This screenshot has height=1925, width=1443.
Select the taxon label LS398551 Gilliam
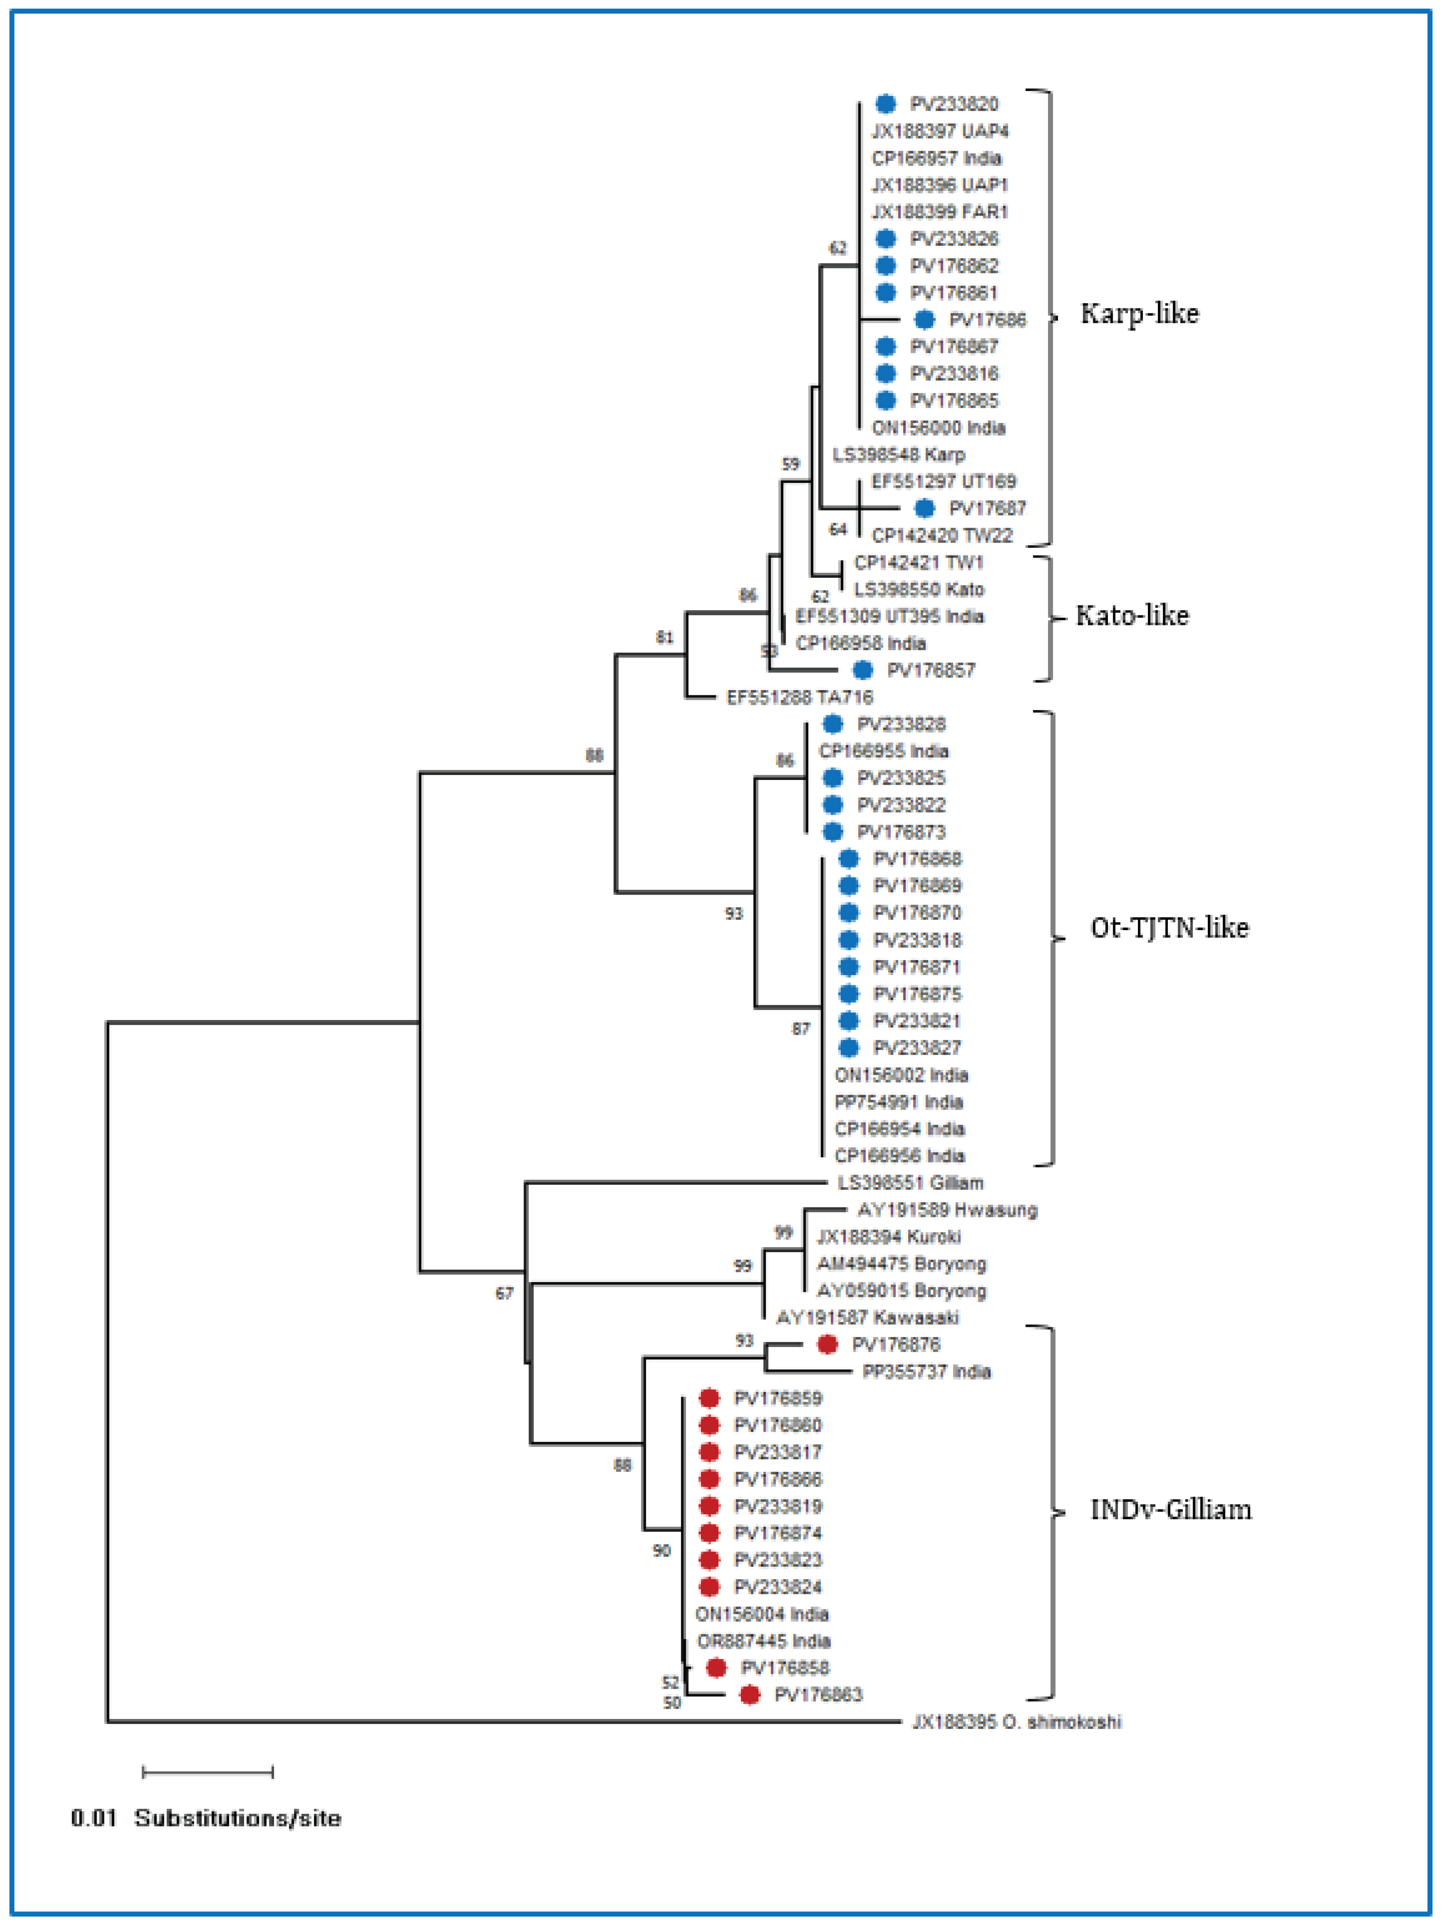point(909,1183)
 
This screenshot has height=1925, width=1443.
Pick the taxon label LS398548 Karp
point(898,454)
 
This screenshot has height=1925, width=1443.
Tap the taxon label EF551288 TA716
point(799,697)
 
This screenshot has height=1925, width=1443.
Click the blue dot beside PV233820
point(885,104)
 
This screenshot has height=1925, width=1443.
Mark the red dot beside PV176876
point(827,1345)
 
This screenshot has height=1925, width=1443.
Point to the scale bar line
point(207,1772)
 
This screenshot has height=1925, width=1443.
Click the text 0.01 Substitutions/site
point(206,1818)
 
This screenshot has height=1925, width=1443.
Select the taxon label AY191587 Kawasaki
point(867,1318)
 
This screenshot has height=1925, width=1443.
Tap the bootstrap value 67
point(504,1293)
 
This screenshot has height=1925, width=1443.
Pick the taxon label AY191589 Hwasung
point(947,1210)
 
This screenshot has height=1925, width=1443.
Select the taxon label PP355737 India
point(926,1371)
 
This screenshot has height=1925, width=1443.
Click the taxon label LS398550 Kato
point(918,589)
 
